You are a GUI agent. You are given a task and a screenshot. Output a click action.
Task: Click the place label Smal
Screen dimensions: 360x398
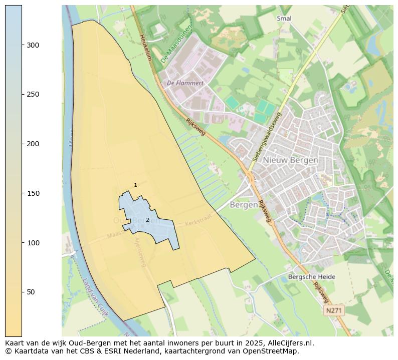(x=284, y=19)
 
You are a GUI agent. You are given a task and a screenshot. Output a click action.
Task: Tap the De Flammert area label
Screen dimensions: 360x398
(x=185, y=83)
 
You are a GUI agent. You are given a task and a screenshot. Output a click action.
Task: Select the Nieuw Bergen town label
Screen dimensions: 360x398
(x=291, y=160)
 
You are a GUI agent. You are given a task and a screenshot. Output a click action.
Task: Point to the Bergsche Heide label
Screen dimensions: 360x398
(x=312, y=277)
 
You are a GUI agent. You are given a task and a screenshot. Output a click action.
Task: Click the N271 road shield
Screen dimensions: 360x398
(x=334, y=310)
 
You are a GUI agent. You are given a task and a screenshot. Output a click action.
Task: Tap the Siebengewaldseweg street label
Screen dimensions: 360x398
(x=267, y=136)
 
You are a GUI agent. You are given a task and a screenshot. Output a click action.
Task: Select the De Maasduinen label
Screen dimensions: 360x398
(x=176, y=45)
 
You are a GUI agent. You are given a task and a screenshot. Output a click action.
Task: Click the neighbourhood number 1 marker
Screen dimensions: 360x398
(x=135, y=185)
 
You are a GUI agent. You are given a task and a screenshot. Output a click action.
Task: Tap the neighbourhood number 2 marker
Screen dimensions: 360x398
(x=147, y=220)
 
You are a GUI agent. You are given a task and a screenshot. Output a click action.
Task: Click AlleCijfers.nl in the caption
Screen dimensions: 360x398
(x=289, y=343)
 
